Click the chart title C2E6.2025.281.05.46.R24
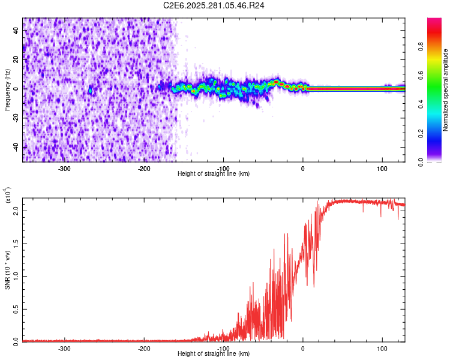click(x=214, y=5)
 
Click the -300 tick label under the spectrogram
click(x=64, y=169)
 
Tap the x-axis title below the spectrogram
click(x=214, y=174)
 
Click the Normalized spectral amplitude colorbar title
click(x=446, y=90)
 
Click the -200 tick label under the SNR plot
click(x=144, y=348)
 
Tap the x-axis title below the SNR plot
click(x=214, y=354)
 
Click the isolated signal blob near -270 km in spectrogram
click(x=90, y=90)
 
